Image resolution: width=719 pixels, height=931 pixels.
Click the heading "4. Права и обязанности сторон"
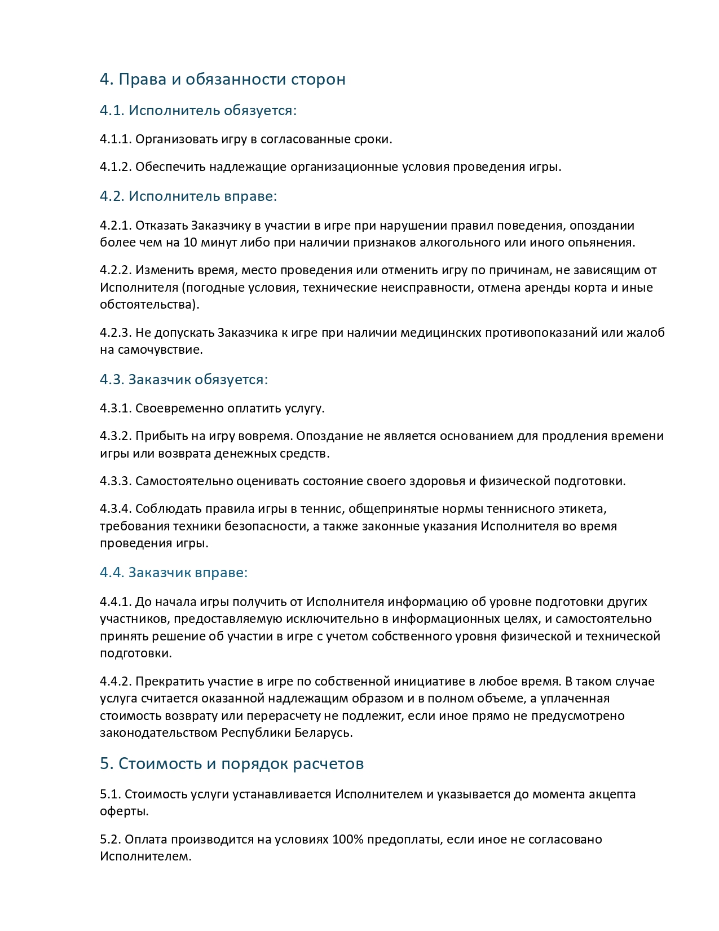point(222,79)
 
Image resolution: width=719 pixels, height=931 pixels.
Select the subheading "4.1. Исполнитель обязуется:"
point(198,110)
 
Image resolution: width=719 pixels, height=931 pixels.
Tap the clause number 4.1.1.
point(116,139)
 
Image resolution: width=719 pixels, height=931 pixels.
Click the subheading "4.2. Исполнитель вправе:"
point(188,196)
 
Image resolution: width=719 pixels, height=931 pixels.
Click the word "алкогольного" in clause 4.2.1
point(464,243)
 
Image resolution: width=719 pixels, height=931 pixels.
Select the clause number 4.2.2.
point(116,270)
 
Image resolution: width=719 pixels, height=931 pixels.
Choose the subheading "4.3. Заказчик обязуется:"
point(184,379)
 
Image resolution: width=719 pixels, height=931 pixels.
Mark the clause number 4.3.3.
point(116,481)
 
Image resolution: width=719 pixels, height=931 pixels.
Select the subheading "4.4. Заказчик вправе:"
point(174,572)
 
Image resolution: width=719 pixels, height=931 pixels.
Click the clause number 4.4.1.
point(116,601)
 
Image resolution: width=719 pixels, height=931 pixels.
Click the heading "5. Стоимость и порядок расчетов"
point(232,763)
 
